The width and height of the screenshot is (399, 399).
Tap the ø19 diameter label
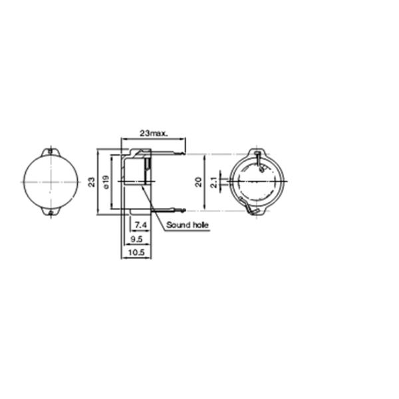(106, 181)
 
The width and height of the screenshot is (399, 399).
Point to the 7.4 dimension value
(140, 225)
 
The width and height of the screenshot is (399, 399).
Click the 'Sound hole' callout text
(188, 225)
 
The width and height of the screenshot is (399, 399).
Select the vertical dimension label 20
(199, 182)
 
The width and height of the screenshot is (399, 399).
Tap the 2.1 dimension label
(213, 182)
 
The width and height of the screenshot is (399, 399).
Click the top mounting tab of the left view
(51, 152)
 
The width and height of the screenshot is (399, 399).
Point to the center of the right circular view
(257, 182)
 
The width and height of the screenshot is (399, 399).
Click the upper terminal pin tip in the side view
(183, 154)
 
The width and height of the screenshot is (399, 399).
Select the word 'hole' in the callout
(200, 225)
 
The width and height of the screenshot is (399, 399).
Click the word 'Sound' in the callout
(178, 225)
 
